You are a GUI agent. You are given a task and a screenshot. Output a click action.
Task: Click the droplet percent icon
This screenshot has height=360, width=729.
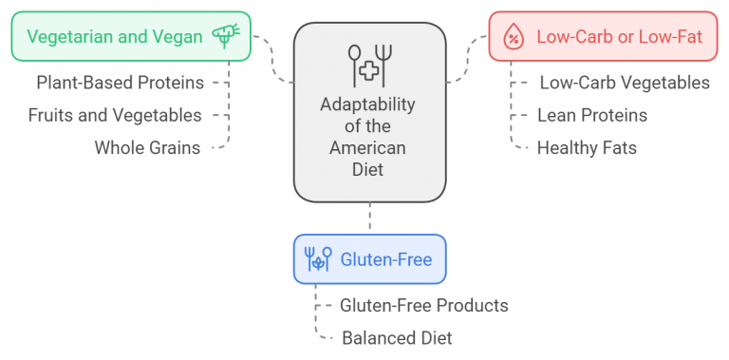pyautogui.click(x=513, y=38)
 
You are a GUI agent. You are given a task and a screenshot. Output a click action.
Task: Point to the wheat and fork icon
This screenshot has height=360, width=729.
pyautogui.click(x=318, y=259)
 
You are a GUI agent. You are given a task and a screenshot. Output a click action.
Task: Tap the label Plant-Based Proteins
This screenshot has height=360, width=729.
pyautogui.click(x=120, y=83)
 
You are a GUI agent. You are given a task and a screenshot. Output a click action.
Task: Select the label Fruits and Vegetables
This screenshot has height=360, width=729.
pyautogui.click(x=114, y=115)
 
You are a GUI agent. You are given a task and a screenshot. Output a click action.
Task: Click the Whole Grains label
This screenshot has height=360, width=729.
pyautogui.click(x=147, y=147)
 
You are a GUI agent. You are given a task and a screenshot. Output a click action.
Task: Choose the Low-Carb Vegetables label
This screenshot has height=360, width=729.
pyautogui.click(x=624, y=83)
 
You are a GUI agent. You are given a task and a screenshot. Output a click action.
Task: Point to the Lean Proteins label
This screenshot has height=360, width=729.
pyautogui.click(x=591, y=115)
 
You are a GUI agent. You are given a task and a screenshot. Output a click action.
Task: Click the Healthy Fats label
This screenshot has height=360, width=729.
pyautogui.click(x=587, y=147)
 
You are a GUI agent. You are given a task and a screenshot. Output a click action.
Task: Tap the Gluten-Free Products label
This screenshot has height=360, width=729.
pyautogui.click(x=423, y=305)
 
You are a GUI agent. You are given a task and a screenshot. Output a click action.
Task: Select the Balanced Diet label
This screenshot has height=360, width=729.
pyautogui.click(x=397, y=337)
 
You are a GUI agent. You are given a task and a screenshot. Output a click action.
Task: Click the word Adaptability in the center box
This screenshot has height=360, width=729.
pyautogui.click(x=368, y=104)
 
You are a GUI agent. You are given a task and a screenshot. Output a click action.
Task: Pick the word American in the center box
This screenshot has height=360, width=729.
pyautogui.click(x=368, y=148)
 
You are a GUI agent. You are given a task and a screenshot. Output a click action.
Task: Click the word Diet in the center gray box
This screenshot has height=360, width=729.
pyautogui.click(x=368, y=170)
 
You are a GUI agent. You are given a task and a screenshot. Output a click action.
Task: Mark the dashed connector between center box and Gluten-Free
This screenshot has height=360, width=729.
pyautogui.click(x=369, y=218)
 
